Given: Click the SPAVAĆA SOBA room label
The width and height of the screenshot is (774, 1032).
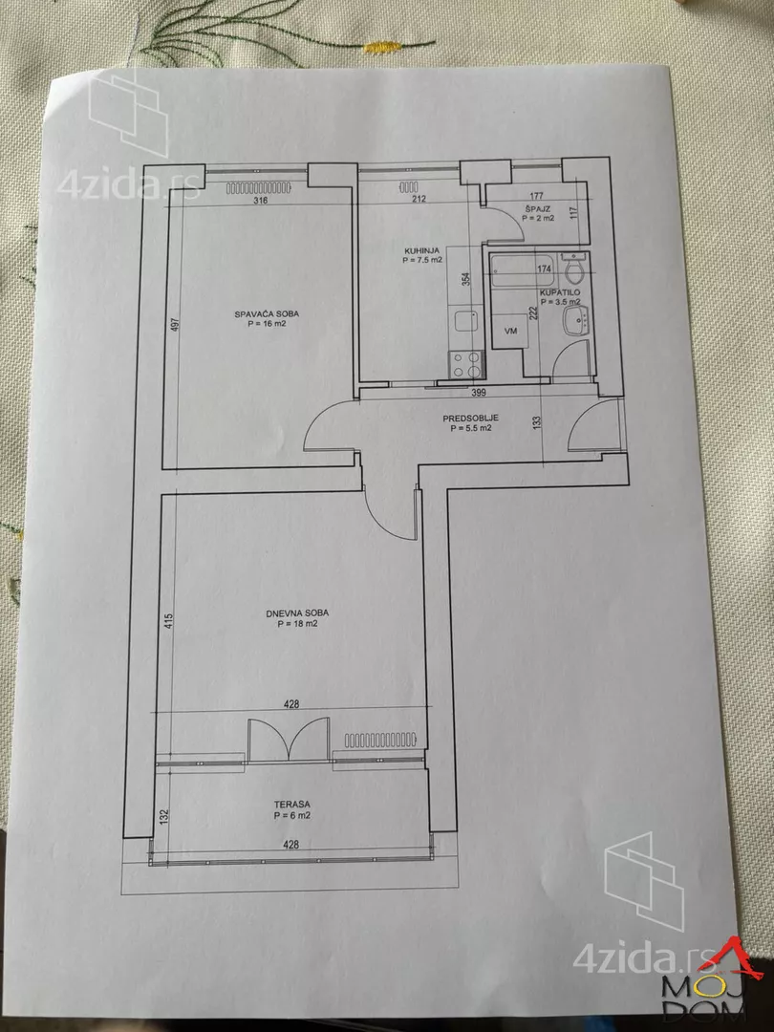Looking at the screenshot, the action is pos(266,314).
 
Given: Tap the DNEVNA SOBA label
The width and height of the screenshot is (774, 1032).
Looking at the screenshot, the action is pos(297,613).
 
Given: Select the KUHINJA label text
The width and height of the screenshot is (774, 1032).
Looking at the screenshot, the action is pos(422,250).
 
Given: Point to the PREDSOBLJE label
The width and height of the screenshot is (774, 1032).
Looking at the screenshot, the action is pos(470,418).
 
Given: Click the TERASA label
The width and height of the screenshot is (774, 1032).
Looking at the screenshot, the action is pos(292,805).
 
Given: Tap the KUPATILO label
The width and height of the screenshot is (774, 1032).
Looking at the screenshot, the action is pos(559,292).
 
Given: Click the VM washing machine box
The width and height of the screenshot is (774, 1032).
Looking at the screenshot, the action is pos(510,331).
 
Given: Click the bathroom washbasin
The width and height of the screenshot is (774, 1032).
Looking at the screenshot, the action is pos(576,320).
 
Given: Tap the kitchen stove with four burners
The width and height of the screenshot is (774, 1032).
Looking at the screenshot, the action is pos(466,365).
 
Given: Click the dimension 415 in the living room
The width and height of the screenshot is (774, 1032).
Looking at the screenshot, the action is pos(169,621).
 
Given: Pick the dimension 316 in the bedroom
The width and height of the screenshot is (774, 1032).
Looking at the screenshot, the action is pos(260,201).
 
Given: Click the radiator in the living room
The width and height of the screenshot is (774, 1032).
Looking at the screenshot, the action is pos(380,740).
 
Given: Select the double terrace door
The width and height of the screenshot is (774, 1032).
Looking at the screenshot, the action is pos(289,740).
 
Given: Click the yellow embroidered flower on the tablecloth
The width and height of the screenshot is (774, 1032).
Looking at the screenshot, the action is pos(383,47).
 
